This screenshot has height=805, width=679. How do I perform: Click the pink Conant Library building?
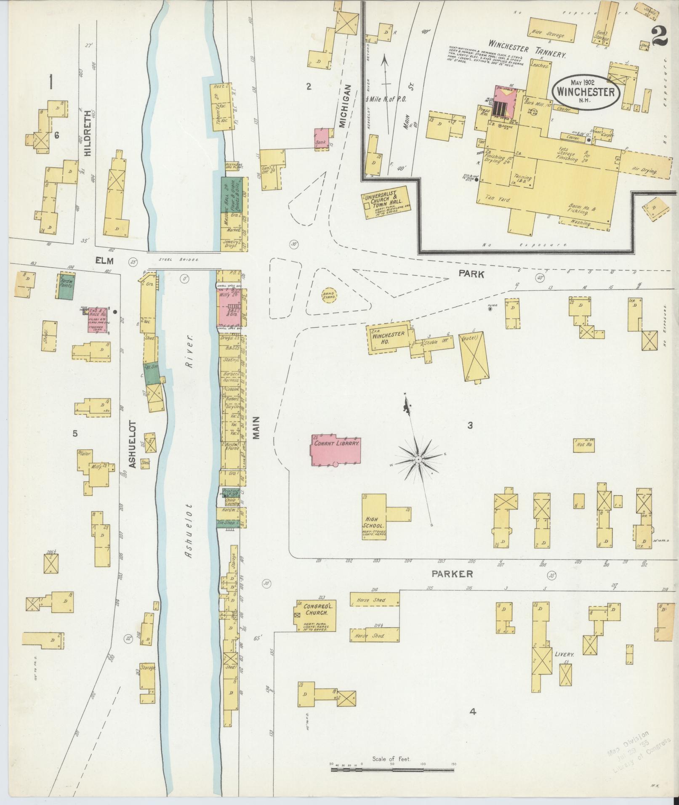[336, 449]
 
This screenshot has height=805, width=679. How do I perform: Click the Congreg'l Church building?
[316, 616]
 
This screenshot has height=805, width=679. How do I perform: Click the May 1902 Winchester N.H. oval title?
[586, 91]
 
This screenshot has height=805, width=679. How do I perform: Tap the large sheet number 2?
[659, 36]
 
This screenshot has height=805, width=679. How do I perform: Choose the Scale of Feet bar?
[392, 770]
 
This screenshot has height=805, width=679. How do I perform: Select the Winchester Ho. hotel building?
[389, 337]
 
